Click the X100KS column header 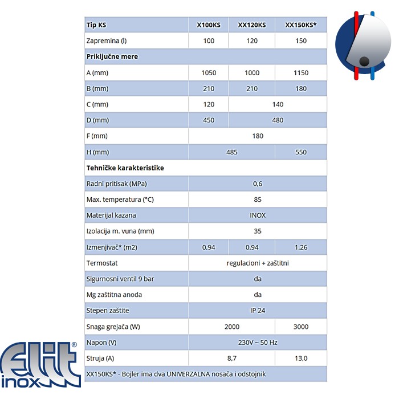(209, 25)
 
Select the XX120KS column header (252, 25)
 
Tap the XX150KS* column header (301, 25)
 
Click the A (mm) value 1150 (301, 73)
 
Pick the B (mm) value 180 (301, 89)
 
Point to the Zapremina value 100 (209, 41)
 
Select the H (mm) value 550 (301, 152)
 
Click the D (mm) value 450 (209, 120)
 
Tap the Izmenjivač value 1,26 (301, 247)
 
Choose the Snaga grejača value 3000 (301, 327)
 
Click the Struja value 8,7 (231, 358)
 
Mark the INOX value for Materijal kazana (258, 215)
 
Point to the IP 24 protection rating (258, 311)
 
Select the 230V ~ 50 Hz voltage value (258, 343)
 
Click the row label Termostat (103, 263)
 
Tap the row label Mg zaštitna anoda (114, 295)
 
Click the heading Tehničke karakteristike (125, 168)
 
